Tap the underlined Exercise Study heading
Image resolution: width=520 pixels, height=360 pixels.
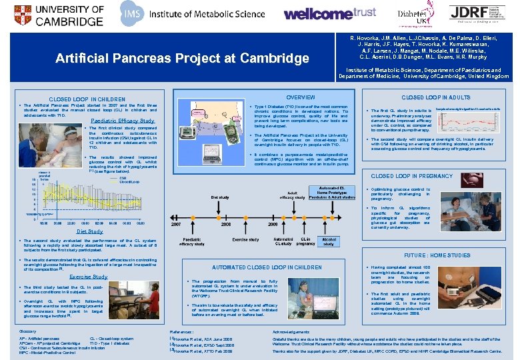pyautogui.click(x=88, y=277)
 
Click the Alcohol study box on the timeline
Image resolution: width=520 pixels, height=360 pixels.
pyautogui.click(x=329, y=241)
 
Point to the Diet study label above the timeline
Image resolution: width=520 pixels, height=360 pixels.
pyautogui.click(x=220, y=197)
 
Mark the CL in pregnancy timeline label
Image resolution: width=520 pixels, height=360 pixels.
pyautogui.click(x=305, y=241)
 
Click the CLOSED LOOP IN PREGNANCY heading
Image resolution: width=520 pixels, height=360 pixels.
pyautogui.click(x=411, y=176)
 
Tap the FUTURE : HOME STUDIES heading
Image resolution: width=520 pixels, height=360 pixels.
pyautogui.click(x=436, y=255)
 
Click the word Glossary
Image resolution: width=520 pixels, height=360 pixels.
pyautogui.click(x=28, y=331)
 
